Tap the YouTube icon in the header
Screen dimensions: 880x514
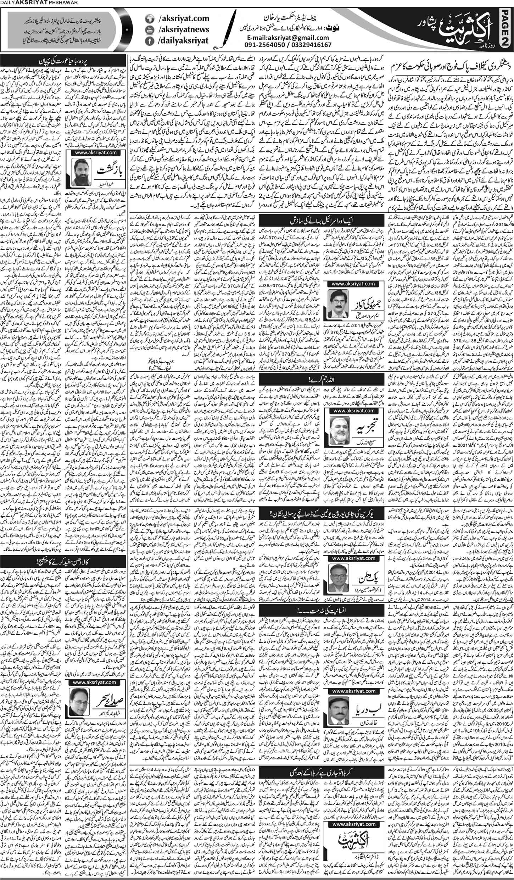[x=151, y=30]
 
